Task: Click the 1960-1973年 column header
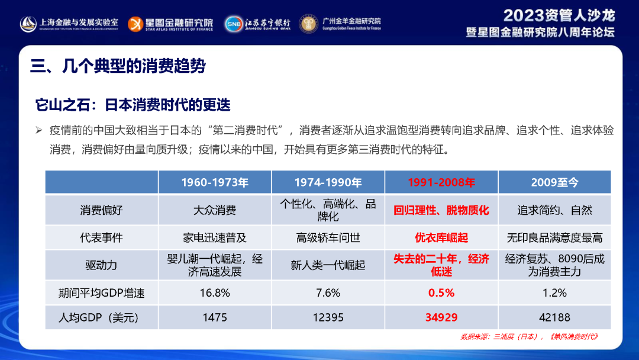click(x=214, y=182)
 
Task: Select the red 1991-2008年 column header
click(x=441, y=182)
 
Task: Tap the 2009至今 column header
click(x=554, y=182)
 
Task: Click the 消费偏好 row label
click(x=101, y=210)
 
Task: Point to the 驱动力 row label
click(x=101, y=265)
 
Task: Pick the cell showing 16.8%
click(x=214, y=292)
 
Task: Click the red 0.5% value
click(x=441, y=292)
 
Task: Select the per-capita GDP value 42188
click(x=554, y=317)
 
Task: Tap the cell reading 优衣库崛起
click(x=441, y=237)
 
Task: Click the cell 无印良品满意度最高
click(x=554, y=237)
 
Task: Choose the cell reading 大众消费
click(x=214, y=210)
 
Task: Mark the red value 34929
click(x=441, y=317)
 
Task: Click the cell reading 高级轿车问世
click(x=328, y=237)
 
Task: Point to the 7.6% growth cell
click(x=328, y=292)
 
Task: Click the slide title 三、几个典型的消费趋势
click(x=118, y=66)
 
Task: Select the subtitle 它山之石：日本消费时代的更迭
click(x=133, y=105)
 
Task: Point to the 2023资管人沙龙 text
click(x=559, y=15)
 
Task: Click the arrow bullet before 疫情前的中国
click(x=39, y=130)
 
